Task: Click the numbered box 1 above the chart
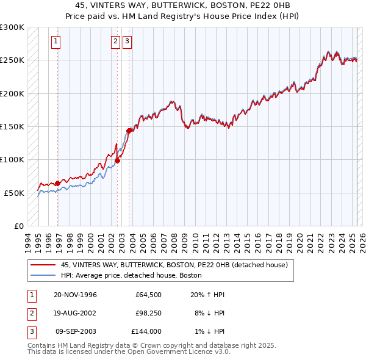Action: [56, 41]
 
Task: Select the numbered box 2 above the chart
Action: [115, 41]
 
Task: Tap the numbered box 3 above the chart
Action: [127, 41]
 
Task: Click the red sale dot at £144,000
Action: [129, 130]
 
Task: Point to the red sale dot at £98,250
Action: [118, 160]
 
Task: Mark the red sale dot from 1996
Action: [58, 183]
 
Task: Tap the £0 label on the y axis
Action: [17, 226]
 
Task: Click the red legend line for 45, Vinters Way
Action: [43, 265]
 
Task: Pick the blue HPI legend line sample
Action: [43, 275]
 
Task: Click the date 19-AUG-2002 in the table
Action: [75, 313]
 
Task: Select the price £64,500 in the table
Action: [149, 295]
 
